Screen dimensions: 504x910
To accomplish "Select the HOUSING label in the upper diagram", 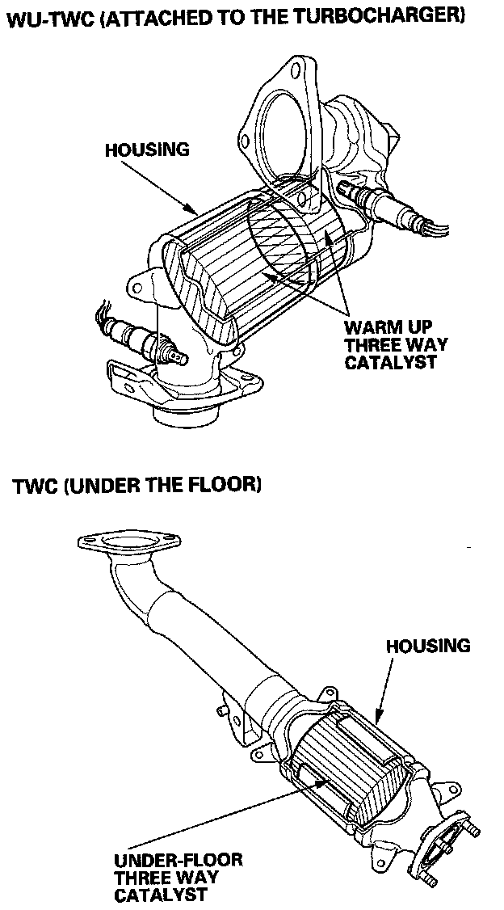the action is tap(146, 150).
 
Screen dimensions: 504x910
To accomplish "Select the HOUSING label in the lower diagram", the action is tap(427, 646).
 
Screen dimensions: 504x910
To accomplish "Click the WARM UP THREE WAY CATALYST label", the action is tap(396, 345).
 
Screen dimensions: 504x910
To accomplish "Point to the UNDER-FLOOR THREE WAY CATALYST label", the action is tap(178, 877).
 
